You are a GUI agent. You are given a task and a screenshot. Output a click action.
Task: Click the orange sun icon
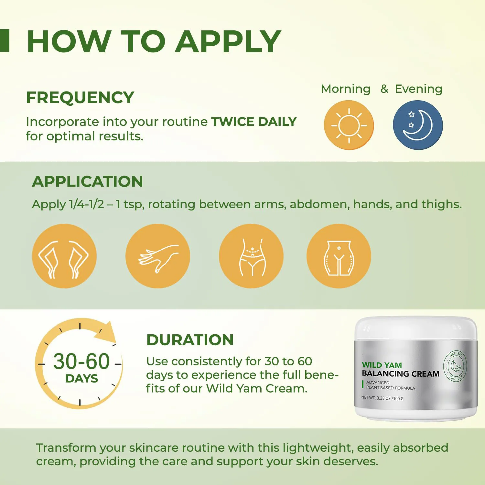(349, 125)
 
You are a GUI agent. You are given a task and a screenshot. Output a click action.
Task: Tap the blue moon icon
(418, 125)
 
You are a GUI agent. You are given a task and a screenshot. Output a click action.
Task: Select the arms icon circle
(64, 256)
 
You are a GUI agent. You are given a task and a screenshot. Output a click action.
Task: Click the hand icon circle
(158, 256)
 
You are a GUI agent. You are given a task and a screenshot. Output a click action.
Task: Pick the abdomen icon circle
(251, 256)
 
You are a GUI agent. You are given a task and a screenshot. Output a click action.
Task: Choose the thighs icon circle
(339, 256)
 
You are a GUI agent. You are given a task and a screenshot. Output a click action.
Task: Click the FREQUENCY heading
(80, 98)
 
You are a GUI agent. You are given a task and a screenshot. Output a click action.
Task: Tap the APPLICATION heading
(87, 181)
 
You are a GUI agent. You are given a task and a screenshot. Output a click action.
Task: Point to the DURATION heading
(190, 340)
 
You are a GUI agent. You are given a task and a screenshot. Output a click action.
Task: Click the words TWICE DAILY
(254, 122)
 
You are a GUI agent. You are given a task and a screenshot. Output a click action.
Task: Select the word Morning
(345, 89)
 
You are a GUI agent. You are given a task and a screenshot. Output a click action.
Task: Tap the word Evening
(418, 89)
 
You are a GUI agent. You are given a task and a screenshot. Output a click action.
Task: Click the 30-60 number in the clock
(81, 361)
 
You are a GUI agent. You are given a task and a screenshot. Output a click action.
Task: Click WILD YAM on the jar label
(382, 365)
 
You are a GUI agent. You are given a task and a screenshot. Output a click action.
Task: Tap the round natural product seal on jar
(456, 366)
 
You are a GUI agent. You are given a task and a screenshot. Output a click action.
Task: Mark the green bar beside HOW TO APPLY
(5, 40)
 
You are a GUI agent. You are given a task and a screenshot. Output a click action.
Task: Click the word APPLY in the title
(228, 41)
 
